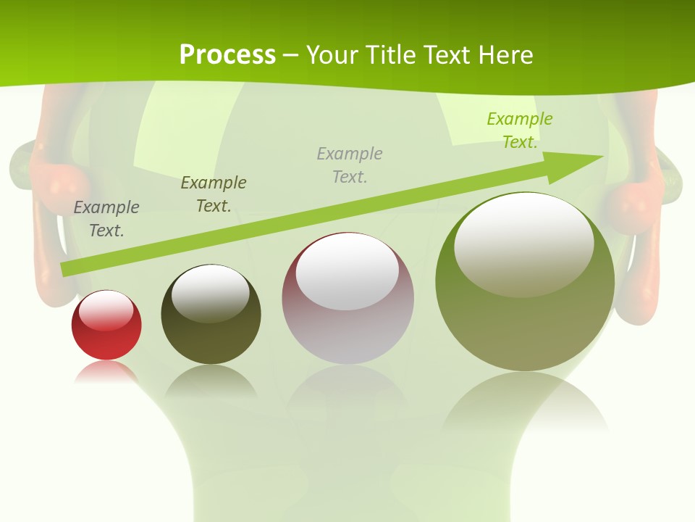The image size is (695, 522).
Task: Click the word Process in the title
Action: coord(227,55)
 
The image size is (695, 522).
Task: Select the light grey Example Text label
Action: coord(350,165)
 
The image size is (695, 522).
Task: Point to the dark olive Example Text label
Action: coord(214,194)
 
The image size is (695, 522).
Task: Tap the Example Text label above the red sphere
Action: coord(106,218)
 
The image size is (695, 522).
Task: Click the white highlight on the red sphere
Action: coord(106,310)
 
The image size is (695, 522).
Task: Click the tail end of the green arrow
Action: coord(67,269)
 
